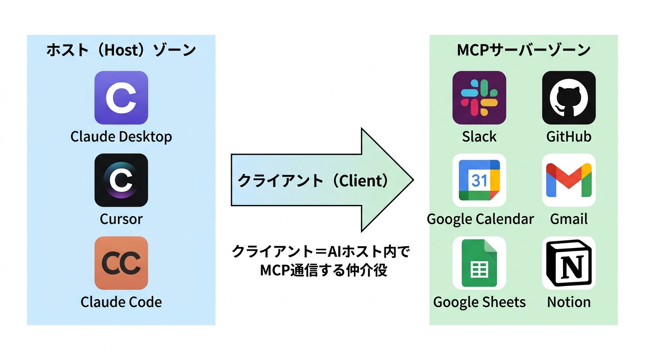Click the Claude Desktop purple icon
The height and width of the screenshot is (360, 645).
click(121, 97)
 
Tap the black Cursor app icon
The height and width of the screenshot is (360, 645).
click(121, 180)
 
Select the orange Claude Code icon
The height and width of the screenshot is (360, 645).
click(121, 263)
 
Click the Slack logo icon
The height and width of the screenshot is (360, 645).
click(479, 97)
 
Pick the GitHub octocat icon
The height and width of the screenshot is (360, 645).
click(569, 97)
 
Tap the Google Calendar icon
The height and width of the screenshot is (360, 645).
click(479, 180)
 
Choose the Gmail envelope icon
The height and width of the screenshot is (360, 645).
click(569, 180)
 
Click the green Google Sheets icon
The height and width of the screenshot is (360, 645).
click(479, 263)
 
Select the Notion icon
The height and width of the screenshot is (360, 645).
click(569, 263)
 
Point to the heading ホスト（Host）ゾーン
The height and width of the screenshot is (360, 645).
click(121, 50)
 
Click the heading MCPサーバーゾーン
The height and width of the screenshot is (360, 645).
click(524, 50)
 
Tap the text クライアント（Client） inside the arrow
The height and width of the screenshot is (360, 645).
click(313, 180)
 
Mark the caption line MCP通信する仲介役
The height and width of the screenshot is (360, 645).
click(323, 270)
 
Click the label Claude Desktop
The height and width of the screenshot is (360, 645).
click(121, 137)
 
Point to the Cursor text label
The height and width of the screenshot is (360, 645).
click(121, 219)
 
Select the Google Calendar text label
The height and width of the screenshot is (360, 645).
click(480, 219)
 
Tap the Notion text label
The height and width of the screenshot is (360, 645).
click(569, 302)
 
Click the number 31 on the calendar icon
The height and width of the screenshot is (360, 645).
click(479, 180)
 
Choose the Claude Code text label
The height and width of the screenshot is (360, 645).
click(121, 302)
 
